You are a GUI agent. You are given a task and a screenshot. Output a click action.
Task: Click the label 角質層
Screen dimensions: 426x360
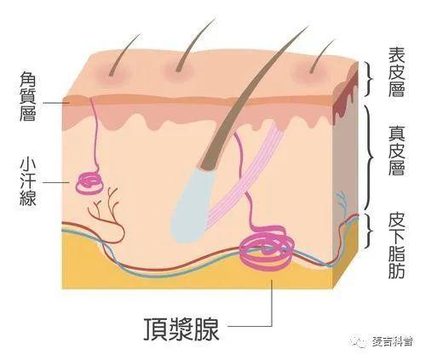click(x=27, y=96)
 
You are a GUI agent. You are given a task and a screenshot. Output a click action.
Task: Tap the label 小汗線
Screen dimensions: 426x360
click(x=28, y=181)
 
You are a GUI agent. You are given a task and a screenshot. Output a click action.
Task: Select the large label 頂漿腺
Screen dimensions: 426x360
click(x=181, y=329)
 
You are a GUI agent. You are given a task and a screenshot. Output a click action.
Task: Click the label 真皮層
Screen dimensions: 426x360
click(x=396, y=151)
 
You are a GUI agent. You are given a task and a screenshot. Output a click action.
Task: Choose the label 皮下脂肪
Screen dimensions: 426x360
click(x=396, y=246)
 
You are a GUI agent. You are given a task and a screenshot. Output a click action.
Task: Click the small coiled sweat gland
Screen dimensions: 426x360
click(x=89, y=184)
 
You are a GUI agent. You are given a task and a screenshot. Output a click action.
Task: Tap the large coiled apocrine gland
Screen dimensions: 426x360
click(x=267, y=248)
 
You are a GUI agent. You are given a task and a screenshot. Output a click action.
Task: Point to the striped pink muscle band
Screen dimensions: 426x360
click(x=245, y=173)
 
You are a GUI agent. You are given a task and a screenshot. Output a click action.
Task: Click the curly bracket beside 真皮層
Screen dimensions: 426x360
click(x=369, y=157)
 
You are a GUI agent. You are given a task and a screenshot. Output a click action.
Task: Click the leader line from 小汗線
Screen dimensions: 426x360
click(x=56, y=182)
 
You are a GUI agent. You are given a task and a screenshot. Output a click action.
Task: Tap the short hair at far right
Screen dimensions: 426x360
click(x=322, y=55)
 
